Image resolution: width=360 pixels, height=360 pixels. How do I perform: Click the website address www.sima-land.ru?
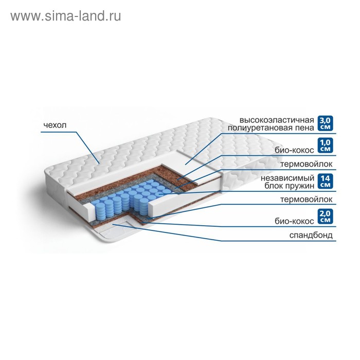(66, 16)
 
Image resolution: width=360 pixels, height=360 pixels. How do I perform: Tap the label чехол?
(55, 125)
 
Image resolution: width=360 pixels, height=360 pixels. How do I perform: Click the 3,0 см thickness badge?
(326, 123)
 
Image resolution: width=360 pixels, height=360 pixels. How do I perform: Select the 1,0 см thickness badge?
(326, 146)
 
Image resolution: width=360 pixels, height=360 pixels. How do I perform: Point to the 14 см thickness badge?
(326, 182)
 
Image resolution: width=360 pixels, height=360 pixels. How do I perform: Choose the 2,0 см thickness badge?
(326, 217)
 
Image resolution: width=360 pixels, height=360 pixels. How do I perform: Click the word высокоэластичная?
(277, 120)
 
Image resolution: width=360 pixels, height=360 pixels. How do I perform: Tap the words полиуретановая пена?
(271, 128)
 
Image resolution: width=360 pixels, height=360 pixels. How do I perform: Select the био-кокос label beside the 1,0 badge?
(294, 150)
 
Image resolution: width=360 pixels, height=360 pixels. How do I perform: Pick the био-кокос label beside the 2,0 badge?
(294, 221)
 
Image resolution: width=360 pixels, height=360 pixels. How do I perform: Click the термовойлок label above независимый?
(307, 165)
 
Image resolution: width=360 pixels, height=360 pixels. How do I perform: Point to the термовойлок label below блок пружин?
(307, 200)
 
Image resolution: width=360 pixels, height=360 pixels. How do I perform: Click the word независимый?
(287, 178)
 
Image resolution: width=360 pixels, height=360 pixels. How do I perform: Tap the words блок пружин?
(289, 186)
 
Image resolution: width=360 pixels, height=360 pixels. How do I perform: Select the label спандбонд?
(311, 236)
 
